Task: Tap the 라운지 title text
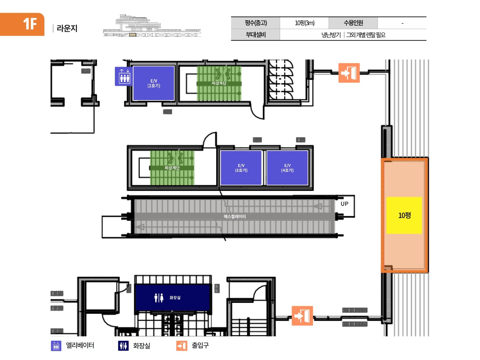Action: pyautogui.click(x=67, y=28)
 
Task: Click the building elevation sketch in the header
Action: pyautogui.click(x=152, y=26)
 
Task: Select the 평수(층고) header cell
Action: pyautogui.click(x=256, y=23)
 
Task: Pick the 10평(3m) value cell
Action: pyautogui.click(x=304, y=23)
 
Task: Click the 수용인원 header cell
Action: pyautogui.click(x=353, y=23)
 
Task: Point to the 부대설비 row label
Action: pyautogui.click(x=256, y=35)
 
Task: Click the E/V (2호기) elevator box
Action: pyautogui.click(x=154, y=83)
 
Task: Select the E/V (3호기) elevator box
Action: pyautogui.click(x=241, y=168)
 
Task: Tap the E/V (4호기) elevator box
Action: pyautogui.click(x=287, y=168)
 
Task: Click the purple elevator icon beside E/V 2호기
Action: pyautogui.click(x=124, y=76)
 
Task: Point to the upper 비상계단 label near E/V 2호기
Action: pyautogui.click(x=219, y=83)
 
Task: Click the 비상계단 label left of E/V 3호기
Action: pyautogui.click(x=172, y=168)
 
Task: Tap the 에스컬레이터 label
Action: pyautogui.click(x=235, y=217)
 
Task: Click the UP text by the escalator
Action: pyautogui.click(x=344, y=204)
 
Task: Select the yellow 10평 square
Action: pyautogui.click(x=404, y=215)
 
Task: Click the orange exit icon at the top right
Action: pyautogui.click(x=349, y=73)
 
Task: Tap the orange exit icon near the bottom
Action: pyautogui.click(x=302, y=316)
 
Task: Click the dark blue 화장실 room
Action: pyautogui.click(x=173, y=298)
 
